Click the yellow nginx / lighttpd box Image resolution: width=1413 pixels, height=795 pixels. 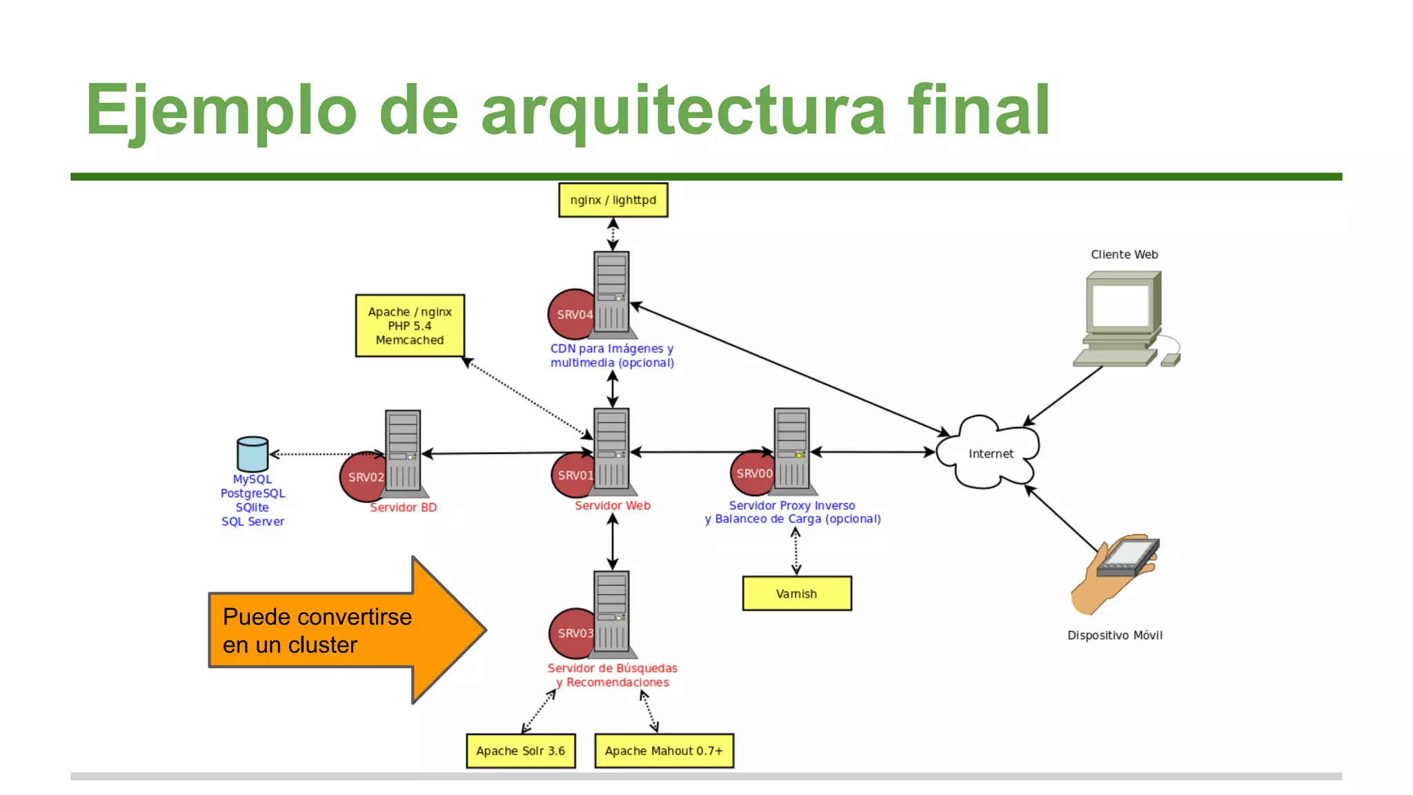(613, 200)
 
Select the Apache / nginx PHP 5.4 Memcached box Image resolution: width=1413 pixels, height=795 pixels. (410, 326)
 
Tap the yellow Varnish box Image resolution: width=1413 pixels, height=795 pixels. (797, 593)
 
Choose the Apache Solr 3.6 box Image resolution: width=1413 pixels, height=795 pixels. (521, 751)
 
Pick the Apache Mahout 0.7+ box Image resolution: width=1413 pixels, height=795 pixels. (664, 751)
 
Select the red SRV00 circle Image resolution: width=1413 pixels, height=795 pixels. (751, 473)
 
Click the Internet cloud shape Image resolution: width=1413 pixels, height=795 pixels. (990, 453)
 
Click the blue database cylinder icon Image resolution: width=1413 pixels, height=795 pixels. (253, 453)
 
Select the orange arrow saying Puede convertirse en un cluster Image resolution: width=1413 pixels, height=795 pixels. (345, 630)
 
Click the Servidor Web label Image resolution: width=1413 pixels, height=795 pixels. (613, 505)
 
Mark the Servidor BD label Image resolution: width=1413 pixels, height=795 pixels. (404, 507)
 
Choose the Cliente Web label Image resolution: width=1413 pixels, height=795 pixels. (1124, 255)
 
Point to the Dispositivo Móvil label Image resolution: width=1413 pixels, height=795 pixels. (1114, 635)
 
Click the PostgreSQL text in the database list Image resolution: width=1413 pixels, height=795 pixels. (253, 493)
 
